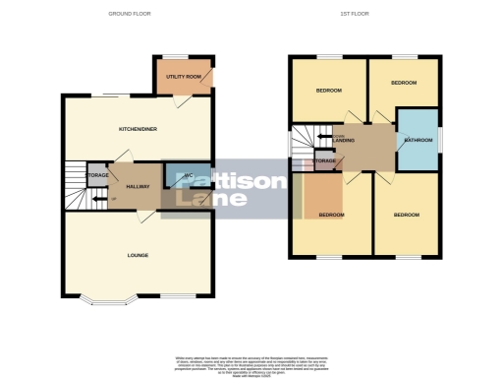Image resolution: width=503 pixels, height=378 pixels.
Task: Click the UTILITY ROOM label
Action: [x=182, y=76]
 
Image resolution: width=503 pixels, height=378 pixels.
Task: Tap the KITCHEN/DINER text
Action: [x=138, y=129]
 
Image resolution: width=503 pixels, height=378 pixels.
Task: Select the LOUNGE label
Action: [x=138, y=255]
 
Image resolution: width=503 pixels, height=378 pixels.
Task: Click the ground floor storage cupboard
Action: [x=97, y=176]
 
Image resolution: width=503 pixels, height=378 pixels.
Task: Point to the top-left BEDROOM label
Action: [x=328, y=91]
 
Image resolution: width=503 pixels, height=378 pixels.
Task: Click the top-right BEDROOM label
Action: [x=404, y=83]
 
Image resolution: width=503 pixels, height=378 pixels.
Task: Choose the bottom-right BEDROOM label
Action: [x=407, y=215]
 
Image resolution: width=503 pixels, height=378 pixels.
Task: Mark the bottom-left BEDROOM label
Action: [x=330, y=215]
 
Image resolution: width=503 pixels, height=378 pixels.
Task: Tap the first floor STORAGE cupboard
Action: [x=323, y=159]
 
